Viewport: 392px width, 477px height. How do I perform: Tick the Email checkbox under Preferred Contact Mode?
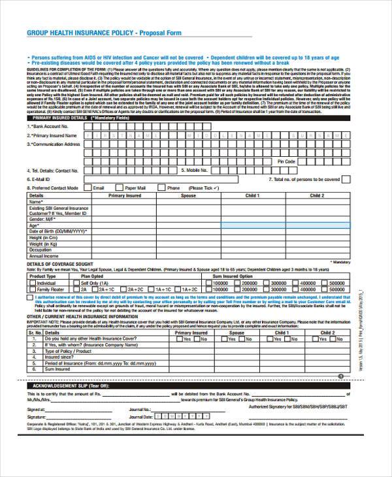coord(87,188)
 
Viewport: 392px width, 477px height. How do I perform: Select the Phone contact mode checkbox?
coord(160,188)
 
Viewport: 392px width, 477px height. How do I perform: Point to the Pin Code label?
coord(286,161)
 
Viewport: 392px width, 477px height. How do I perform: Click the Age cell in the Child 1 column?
coord(252,225)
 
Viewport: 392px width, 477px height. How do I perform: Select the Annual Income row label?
coord(44,255)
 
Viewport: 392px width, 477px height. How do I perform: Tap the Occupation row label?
coord(41,250)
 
